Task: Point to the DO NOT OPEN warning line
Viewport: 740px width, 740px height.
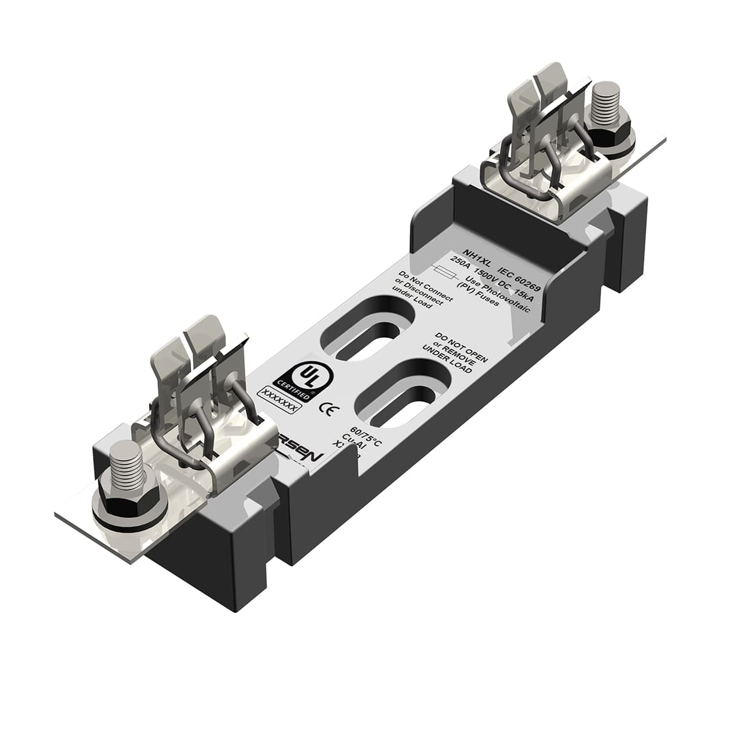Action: [x=461, y=344]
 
